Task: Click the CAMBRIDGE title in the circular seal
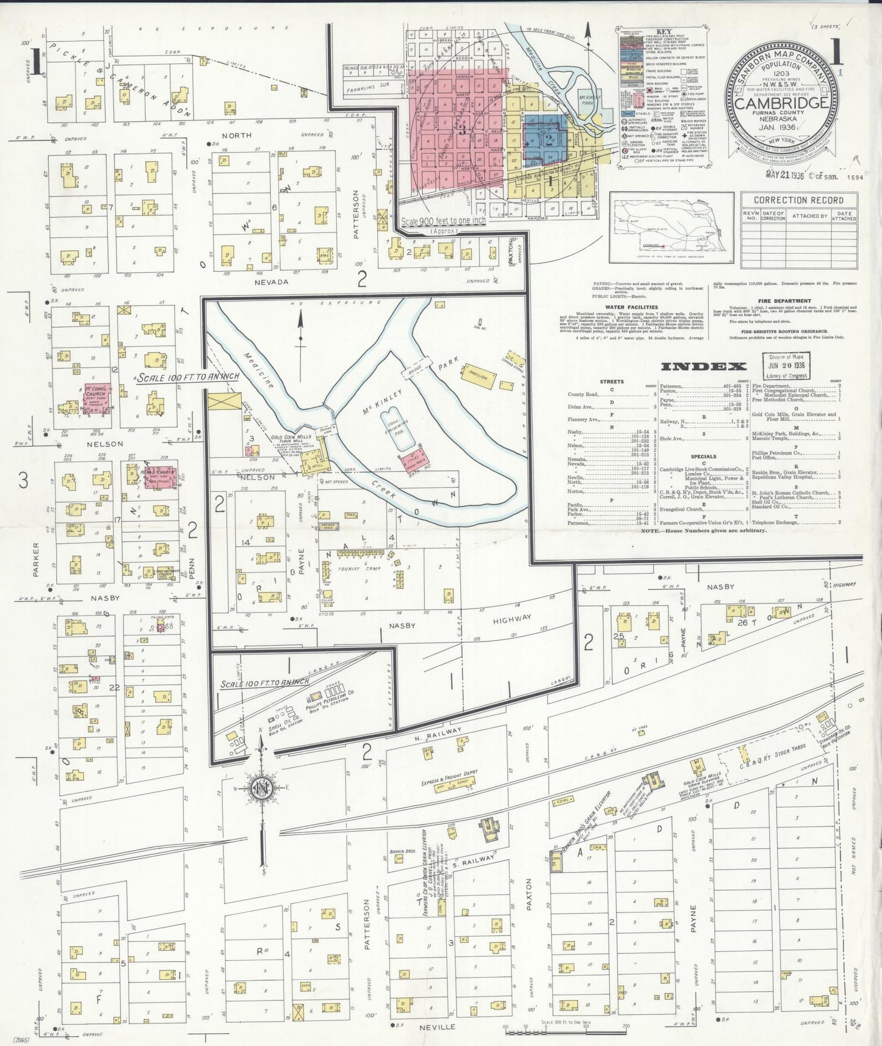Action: (781, 103)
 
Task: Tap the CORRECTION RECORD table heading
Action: (798, 200)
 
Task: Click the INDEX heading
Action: (703, 366)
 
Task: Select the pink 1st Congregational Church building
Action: (95, 399)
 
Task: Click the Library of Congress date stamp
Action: (787, 366)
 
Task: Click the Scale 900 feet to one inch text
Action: (443, 222)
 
